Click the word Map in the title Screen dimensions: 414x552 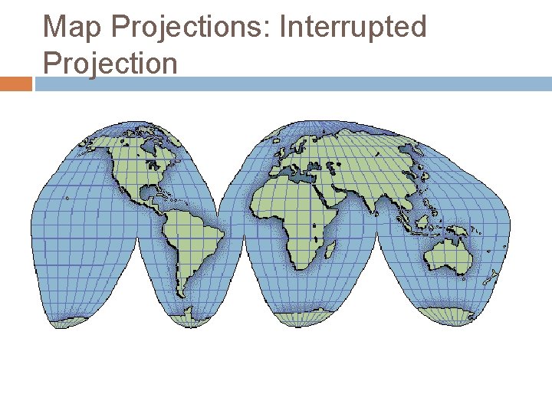pos(72,27)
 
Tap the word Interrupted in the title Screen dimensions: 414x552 pos(353,27)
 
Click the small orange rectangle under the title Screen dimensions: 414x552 pos(15,84)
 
